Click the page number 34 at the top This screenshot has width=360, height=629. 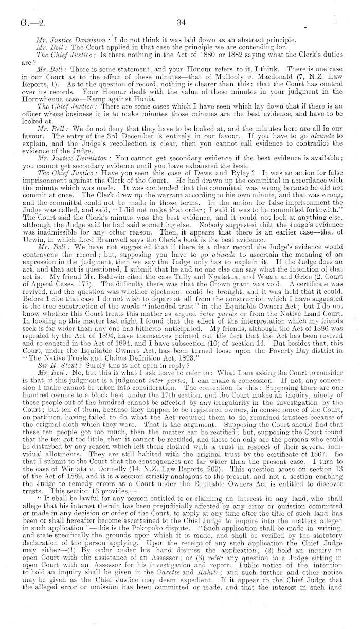click(x=180, y=22)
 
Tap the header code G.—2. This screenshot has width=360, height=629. click(x=23, y=23)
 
